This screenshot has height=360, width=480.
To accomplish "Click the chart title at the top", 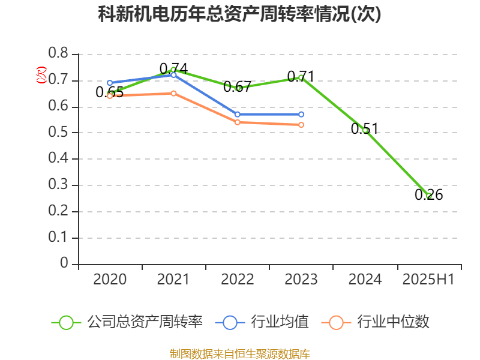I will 239,14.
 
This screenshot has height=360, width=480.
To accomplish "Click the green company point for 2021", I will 173,70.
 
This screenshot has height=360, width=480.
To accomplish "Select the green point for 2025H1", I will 428,196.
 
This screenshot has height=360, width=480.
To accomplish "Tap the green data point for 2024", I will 365,130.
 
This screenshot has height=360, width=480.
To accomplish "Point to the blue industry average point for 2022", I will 237,114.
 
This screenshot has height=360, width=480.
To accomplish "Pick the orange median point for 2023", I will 301,125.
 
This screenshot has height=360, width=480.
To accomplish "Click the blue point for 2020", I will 110,83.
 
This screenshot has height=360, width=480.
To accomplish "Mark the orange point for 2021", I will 173,93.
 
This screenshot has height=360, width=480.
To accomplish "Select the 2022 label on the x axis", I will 237,280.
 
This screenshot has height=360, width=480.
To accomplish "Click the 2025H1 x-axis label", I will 428,280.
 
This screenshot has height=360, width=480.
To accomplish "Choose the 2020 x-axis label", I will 110,280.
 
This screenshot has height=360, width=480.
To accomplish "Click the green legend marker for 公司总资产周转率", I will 66,322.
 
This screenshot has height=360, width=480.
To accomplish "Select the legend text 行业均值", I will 280,322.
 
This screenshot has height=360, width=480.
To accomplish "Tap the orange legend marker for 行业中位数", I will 336,322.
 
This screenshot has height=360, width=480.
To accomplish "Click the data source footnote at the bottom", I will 240,353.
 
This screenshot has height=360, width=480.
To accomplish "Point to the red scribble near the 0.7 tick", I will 41,75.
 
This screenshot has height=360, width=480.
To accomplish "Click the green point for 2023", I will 301,77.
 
